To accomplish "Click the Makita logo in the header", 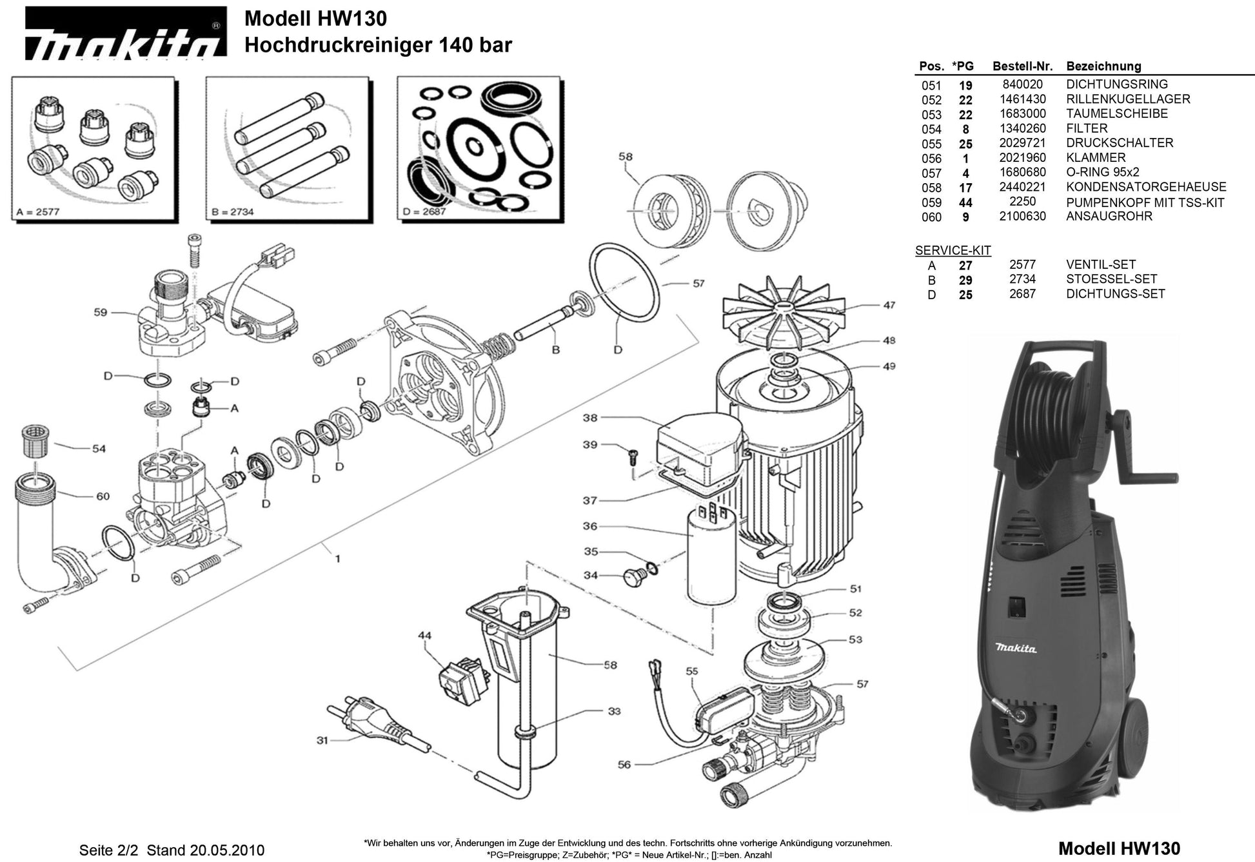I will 125,34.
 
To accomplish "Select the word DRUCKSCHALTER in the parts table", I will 1119,143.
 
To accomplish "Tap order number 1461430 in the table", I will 1022,99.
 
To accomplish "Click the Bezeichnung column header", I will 1103,66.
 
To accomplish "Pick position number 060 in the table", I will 931,217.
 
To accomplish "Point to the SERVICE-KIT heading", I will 953,251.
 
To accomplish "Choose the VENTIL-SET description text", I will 1100,265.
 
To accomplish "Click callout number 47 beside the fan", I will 889,305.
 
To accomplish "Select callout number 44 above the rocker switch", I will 424,636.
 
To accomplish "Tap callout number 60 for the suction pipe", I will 103,496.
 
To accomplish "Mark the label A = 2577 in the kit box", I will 38,211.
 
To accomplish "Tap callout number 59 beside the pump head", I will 101,313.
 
